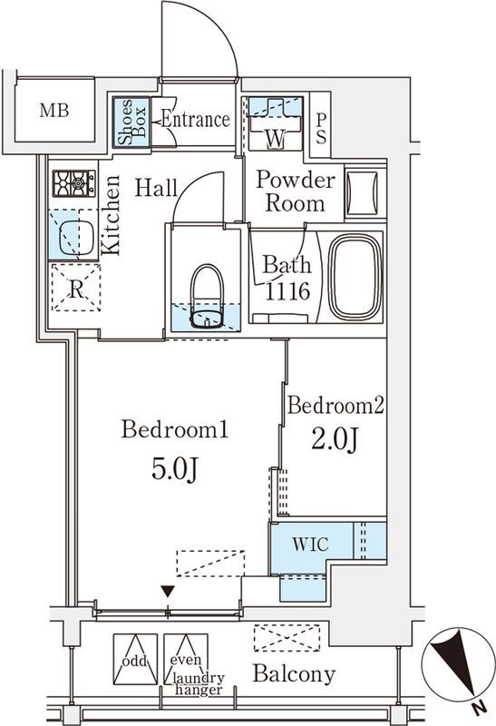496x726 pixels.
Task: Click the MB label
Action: tap(54, 111)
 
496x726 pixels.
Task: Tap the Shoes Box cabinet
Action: tap(131, 123)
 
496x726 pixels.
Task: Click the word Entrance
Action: tap(195, 120)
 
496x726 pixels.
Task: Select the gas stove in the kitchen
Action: tap(74, 183)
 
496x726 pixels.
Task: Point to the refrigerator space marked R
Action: tap(76, 287)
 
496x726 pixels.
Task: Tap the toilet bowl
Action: tap(207, 297)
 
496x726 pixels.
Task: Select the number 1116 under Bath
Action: tap(287, 291)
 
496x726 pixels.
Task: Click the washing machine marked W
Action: tap(276, 123)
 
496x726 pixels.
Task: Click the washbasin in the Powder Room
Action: tap(363, 193)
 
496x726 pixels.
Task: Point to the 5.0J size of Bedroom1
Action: tap(174, 470)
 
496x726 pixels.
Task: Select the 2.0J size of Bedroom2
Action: tap(335, 439)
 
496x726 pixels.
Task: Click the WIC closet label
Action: tap(310, 544)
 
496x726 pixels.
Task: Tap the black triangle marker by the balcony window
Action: tap(168, 592)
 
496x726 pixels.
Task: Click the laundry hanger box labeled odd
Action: tap(135, 660)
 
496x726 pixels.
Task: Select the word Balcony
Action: tap(295, 674)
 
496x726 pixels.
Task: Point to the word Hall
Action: tap(156, 188)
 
